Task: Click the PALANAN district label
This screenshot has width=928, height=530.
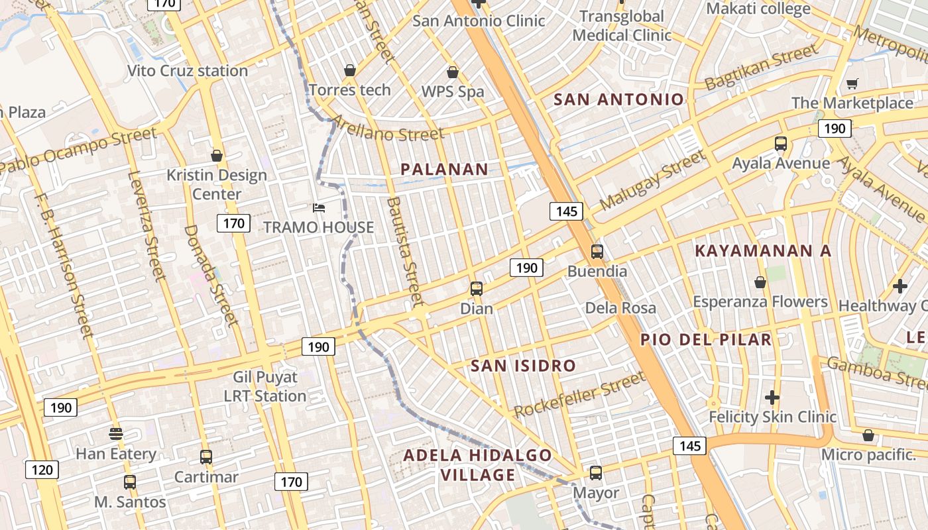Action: [x=444, y=170]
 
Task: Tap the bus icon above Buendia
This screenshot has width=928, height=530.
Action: [x=597, y=252]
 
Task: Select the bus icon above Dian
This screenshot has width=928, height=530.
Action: [x=477, y=289]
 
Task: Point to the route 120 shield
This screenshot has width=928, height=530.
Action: [x=42, y=470]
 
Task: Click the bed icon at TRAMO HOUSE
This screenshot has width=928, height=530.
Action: [x=319, y=208]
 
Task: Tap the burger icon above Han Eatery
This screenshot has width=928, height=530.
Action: [x=116, y=434]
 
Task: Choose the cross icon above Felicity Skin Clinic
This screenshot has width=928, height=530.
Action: [x=772, y=397]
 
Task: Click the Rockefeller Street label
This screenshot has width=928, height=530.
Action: [x=579, y=395]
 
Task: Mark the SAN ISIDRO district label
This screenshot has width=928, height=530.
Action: [x=523, y=366]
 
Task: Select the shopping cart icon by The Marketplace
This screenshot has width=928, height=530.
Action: [x=852, y=83]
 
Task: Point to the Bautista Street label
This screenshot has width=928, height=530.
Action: [x=404, y=252]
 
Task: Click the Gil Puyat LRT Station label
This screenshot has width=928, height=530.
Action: [x=265, y=386]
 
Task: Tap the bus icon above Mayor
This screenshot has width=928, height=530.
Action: [x=596, y=473]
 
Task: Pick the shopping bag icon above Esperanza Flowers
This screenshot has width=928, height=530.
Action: [x=760, y=282]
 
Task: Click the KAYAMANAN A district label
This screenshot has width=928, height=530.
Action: [x=762, y=251]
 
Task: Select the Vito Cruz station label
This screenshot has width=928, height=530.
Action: [x=187, y=71]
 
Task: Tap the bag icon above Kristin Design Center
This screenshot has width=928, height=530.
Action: [x=216, y=156]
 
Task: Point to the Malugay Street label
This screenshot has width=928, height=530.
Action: [x=652, y=180]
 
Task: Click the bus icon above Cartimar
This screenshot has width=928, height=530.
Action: [x=206, y=457]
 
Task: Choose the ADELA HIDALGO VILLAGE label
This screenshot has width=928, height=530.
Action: [x=477, y=465]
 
